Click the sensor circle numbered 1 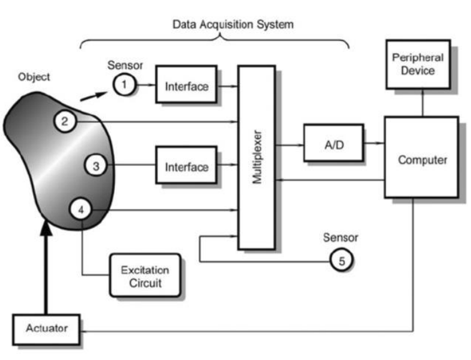point(124,84)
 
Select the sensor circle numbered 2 point(65,121)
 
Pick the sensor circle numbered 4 point(80,210)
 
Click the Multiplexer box point(256,157)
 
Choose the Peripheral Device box point(417,64)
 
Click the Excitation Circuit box point(145,274)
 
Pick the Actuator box point(46,328)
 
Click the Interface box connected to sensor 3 point(186,166)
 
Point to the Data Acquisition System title point(233,25)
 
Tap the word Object point(34,77)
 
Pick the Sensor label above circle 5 point(341,238)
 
